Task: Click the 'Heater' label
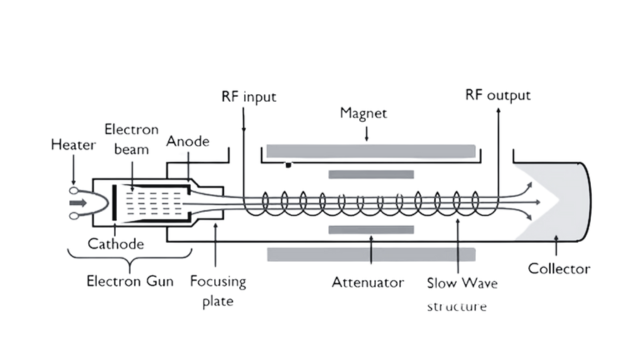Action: tap(72, 145)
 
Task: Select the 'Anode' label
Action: tap(187, 142)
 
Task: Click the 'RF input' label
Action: tap(248, 97)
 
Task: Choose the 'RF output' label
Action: tap(497, 96)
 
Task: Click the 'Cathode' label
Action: tap(112, 244)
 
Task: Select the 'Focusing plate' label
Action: tap(217, 291)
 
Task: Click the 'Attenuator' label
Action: tap(367, 282)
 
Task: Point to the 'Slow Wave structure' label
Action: tap(461, 293)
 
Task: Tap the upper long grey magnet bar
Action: tap(370, 150)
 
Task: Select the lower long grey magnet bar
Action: tap(370, 254)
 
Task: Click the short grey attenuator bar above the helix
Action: tap(370, 175)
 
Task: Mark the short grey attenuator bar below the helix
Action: tap(370, 229)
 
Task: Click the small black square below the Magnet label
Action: tap(288, 164)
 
